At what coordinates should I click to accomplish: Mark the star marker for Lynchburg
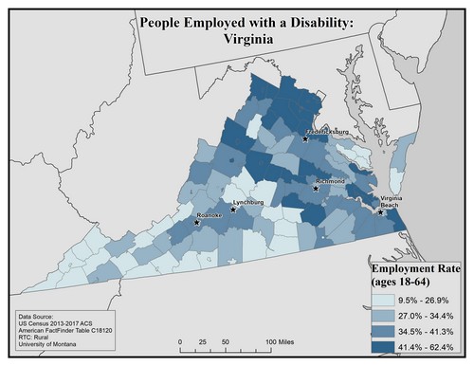pyautogui.click(x=233, y=210)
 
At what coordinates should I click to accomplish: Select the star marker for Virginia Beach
pyautogui.click(x=381, y=212)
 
